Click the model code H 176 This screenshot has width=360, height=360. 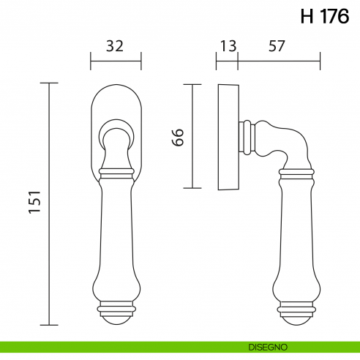click(x=325, y=17)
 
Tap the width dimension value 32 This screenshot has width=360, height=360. click(x=115, y=45)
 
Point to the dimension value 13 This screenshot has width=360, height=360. click(x=227, y=45)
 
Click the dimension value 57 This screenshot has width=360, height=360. click(x=277, y=45)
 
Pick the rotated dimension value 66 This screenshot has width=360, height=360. click(x=178, y=136)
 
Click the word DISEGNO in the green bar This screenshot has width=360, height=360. click(x=267, y=346)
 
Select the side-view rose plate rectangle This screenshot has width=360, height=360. click(x=228, y=136)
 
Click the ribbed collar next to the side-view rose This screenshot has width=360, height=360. click(x=250, y=137)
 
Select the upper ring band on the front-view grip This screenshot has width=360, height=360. click(x=116, y=175)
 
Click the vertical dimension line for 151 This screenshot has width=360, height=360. click(x=50, y=203)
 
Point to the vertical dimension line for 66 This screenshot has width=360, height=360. click(x=192, y=136)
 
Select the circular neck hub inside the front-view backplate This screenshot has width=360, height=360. click(x=116, y=132)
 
